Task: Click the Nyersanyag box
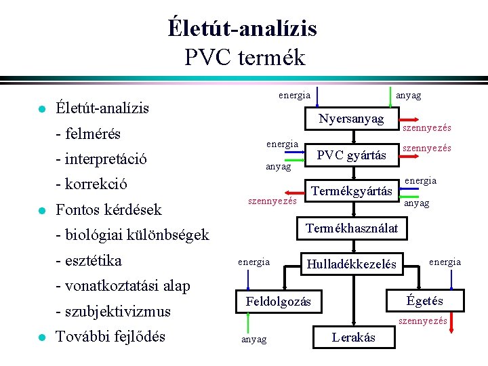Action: click(x=351, y=120)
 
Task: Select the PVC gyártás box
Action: click(x=351, y=156)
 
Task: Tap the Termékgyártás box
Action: click(x=351, y=192)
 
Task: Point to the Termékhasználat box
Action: click(x=351, y=227)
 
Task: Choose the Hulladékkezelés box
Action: click(x=351, y=264)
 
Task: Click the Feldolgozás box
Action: click(x=278, y=301)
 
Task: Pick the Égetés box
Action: click(x=424, y=300)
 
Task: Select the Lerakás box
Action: click(x=352, y=337)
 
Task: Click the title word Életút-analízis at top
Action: click(x=243, y=28)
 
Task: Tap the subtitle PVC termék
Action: click(x=244, y=57)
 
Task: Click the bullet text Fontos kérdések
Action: click(x=108, y=209)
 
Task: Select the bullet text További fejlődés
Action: click(x=110, y=336)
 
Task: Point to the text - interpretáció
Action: click(x=102, y=159)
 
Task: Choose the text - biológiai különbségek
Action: click(x=133, y=235)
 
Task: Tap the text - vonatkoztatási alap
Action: click(x=123, y=285)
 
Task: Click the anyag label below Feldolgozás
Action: click(x=253, y=339)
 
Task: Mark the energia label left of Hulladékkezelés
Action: click(x=253, y=262)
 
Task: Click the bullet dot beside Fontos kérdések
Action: click(x=41, y=211)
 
